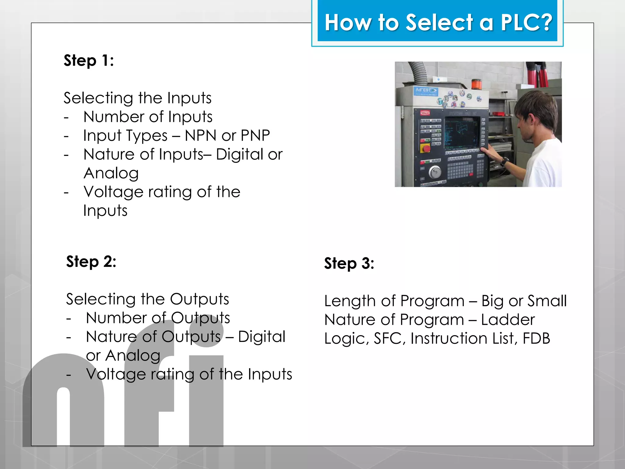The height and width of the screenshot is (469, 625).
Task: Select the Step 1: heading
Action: [x=89, y=60]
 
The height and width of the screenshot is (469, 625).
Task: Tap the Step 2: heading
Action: [x=91, y=262]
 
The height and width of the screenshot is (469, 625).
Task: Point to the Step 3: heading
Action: [x=349, y=264]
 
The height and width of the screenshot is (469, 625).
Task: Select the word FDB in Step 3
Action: [x=536, y=338]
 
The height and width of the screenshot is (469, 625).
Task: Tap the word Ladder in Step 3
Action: [x=508, y=320]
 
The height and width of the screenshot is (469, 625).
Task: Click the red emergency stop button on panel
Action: [x=425, y=149]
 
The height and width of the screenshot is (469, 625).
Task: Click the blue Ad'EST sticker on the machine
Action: [x=426, y=91]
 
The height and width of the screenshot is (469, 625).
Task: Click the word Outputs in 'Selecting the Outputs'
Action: [x=199, y=299]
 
